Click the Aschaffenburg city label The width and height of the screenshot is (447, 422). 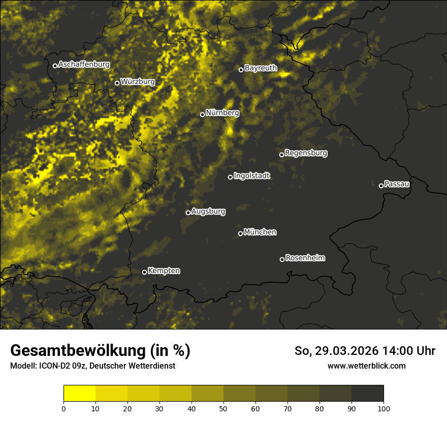[x=84, y=65]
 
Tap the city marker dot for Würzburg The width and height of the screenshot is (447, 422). [x=117, y=83]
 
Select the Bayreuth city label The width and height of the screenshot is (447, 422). [x=261, y=68]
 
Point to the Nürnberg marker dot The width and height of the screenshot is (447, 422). [x=202, y=114]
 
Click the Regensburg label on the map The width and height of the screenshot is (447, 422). [x=306, y=153]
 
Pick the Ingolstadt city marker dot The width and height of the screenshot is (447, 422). [x=230, y=177]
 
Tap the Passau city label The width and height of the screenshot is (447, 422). [x=397, y=184]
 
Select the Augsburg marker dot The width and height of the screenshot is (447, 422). [x=188, y=213]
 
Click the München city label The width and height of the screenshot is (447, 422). [x=260, y=232]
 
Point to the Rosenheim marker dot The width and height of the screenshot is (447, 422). [x=282, y=259]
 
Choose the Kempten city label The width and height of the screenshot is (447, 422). [x=164, y=271]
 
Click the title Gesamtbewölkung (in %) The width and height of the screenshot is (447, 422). [x=100, y=350]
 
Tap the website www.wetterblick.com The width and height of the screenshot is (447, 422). [x=366, y=366]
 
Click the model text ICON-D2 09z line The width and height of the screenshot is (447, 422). [x=92, y=366]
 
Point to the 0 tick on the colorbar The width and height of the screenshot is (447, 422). [x=63, y=408]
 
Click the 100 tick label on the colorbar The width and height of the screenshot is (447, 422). [x=384, y=408]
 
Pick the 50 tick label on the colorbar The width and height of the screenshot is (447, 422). [x=223, y=408]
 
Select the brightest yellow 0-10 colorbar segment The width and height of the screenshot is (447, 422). [x=80, y=394]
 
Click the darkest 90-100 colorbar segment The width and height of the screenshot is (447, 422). [x=367, y=394]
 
